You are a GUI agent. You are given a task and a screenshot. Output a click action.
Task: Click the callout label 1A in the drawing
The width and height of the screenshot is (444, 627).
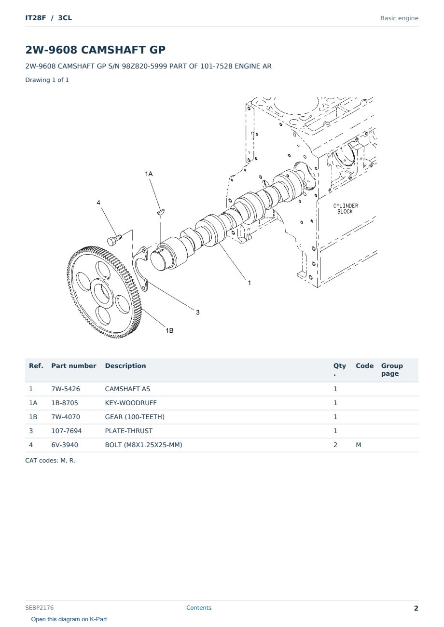pos(149,174)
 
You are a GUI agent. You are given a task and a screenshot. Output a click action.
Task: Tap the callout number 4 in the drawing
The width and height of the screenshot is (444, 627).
pos(98,203)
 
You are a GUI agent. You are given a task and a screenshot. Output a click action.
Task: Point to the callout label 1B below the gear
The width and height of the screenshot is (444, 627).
pos(169,330)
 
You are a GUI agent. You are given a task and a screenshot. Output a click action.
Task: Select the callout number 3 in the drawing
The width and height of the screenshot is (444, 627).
pos(198,313)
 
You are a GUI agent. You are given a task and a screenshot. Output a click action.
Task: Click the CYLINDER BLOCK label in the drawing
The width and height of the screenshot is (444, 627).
pos(346,208)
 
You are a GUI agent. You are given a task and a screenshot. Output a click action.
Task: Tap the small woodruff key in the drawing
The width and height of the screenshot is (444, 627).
pos(161,212)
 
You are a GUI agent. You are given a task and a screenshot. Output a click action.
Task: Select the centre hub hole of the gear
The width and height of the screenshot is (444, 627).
pos(101,293)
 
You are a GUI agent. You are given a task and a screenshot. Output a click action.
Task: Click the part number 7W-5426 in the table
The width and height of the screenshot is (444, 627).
pos(66,389)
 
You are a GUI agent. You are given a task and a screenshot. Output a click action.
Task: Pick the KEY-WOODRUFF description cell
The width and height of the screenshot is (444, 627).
pos(130,403)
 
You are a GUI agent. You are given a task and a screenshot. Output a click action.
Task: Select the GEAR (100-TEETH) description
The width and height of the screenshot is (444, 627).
pos(135,417)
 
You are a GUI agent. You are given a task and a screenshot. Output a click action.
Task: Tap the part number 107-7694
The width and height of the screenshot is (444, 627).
pos(67,431)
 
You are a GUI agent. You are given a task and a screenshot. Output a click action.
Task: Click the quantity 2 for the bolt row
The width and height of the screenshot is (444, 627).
pos(335,445)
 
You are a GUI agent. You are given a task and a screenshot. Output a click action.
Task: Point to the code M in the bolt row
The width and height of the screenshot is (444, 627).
pos(358,445)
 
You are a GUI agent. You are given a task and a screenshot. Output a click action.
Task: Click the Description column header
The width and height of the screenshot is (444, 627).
pos(125,366)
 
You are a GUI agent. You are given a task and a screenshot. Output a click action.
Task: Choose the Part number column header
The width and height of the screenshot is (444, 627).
pos(74,366)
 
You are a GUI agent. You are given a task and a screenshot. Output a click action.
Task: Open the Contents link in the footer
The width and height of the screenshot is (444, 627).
pos(199,607)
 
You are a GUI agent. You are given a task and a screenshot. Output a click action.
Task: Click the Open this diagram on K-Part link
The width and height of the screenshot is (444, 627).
pos(69,619)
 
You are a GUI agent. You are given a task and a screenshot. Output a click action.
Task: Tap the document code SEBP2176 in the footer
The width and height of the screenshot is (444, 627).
pos(39,607)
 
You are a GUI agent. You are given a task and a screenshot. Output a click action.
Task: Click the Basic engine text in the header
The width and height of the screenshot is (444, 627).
pos(399,18)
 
